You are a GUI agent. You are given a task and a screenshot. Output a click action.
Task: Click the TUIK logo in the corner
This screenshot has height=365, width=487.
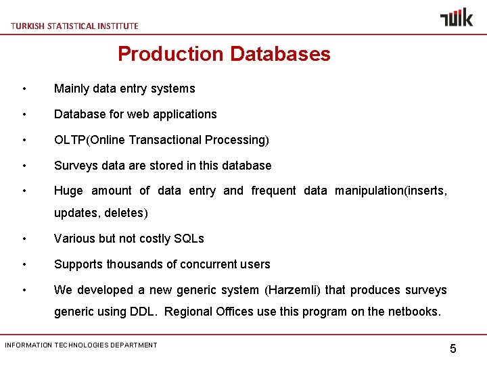(457, 18)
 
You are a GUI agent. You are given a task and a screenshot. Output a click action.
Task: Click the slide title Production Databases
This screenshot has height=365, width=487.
(224, 54)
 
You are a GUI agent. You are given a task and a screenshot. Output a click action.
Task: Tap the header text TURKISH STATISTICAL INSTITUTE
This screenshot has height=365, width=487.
(74, 26)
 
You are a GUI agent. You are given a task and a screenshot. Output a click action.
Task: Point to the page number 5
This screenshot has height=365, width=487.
(453, 349)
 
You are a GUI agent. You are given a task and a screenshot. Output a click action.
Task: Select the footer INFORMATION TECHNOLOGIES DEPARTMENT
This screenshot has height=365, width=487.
(81, 345)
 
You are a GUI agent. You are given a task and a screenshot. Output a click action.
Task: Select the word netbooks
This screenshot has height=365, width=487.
(413, 312)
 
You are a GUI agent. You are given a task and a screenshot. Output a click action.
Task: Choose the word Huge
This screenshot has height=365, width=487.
(68, 191)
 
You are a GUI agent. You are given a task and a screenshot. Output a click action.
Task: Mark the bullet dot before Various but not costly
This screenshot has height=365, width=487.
(24, 239)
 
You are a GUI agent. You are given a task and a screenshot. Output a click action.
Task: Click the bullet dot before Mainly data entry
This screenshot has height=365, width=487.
(24, 89)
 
